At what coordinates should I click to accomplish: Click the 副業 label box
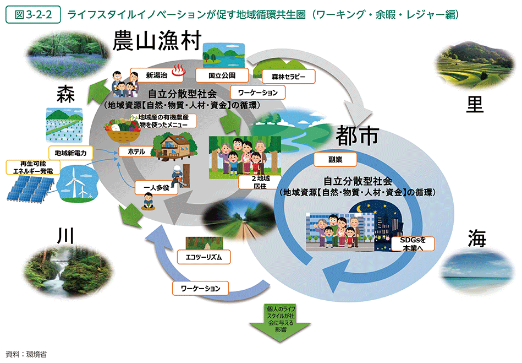pyautogui.click(x=334, y=160)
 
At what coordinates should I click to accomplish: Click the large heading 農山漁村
pyautogui.click(x=157, y=42)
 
